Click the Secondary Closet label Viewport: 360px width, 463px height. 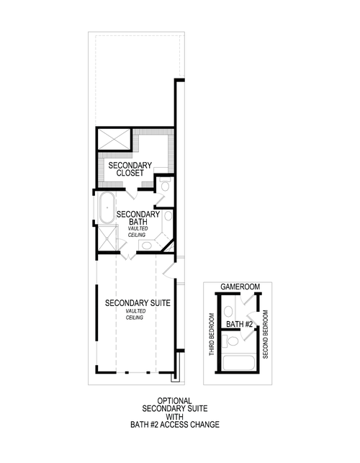click(130, 169)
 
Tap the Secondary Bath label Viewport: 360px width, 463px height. click(138, 218)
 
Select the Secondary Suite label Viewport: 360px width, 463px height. click(138, 303)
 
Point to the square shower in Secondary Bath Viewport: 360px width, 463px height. click(107, 240)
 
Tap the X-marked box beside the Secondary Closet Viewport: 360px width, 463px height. click(113, 140)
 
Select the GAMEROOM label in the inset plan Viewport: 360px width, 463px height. click(240, 287)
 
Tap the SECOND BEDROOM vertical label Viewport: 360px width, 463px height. click(266, 336)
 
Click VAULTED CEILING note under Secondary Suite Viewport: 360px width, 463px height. click(135, 314)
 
